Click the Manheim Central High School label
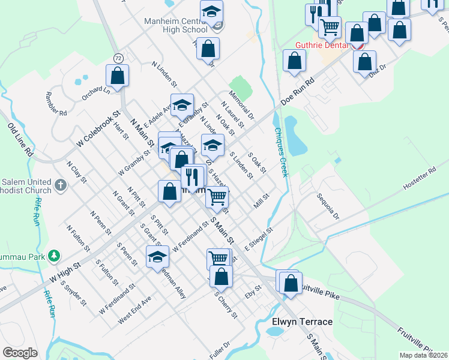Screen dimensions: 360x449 click(176, 25)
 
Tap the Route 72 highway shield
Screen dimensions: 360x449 click(118, 58)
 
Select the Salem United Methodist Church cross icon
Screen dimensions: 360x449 click(61, 186)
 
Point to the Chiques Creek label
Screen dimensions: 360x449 click(280, 152)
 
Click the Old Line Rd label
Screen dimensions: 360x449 click(19, 140)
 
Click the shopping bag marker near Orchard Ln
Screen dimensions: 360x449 click(118, 76)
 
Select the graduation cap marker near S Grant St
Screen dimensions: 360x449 click(157, 257)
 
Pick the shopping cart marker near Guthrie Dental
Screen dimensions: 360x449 click(329, 27)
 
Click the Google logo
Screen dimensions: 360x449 click(20, 352)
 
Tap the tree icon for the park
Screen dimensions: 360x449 click(54, 256)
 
